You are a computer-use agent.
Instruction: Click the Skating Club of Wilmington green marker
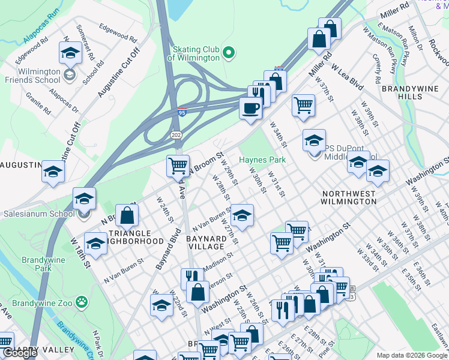pyautogui.click(x=228, y=53)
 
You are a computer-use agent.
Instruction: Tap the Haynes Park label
pyautogui.click(x=262, y=160)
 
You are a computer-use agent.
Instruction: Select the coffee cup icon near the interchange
pyautogui.click(x=250, y=108)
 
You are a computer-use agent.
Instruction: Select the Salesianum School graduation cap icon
pyautogui.click(x=84, y=198)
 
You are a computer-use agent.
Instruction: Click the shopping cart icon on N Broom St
pyautogui.click(x=178, y=165)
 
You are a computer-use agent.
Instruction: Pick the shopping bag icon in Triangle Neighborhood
pyautogui.click(x=127, y=215)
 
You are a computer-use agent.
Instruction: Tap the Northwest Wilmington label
pyautogui.click(x=349, y=198)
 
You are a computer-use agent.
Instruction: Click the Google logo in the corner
pyautogui.click(x=20, y=353)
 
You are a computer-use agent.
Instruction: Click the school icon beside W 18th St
pyautogui.click(x=95, y=244)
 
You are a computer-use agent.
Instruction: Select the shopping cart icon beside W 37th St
pyautogui.click(x=304, y=105)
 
